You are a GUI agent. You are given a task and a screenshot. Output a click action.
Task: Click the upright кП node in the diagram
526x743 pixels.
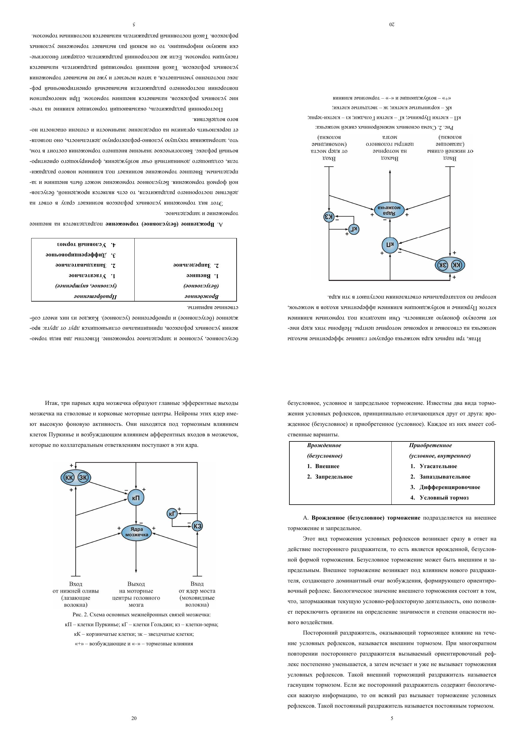click(x=136, y=498)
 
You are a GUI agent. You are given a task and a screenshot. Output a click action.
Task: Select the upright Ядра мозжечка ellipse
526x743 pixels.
click(x=136, y=532)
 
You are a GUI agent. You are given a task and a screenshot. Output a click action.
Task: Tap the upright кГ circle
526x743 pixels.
click(x=172, y=514)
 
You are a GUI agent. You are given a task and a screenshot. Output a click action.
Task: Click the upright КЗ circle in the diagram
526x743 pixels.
click(x=197, y=526)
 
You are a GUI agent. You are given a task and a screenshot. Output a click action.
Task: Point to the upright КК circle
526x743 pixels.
click(x=69, y=477)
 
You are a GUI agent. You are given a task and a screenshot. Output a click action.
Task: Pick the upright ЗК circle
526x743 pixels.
click(x=83, y=477)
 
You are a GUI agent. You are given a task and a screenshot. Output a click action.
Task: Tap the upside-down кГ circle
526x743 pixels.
click(x=354, y=229)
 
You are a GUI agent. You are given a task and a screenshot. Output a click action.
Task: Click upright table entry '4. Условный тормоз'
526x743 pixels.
click(x=439, y=498)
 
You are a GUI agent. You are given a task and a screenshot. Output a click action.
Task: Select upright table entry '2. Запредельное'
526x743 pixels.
click(x=330, y=477)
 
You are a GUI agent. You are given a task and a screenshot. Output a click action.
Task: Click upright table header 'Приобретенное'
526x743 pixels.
click(x=430, y=445)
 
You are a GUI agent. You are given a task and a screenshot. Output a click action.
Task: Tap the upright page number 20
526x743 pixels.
click(x=134, y=718)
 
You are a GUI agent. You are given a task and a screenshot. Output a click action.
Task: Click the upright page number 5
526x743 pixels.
click(x=392, y=718)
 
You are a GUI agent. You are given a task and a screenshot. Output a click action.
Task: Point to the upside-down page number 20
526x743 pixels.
click(x=392, y=24)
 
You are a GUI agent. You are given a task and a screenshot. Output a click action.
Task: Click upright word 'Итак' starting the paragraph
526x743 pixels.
click(x=52, y=403)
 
